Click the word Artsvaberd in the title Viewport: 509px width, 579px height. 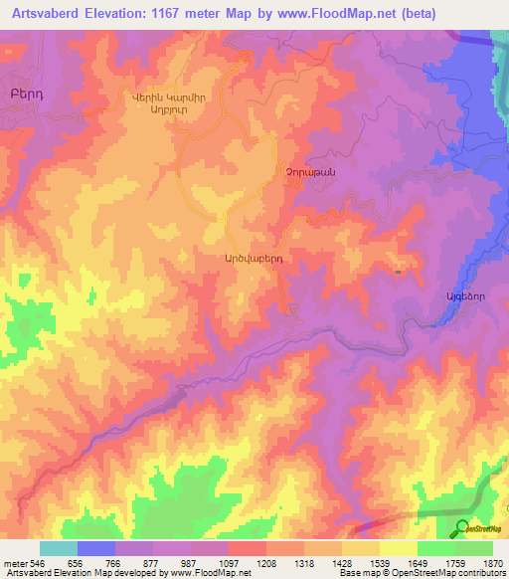pyautogui.click(x=47, y=13)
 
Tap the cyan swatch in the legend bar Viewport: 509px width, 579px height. pyautogui.click(x=59, y=548)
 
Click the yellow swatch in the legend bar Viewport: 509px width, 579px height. pyautogui.click(x=399, y=548)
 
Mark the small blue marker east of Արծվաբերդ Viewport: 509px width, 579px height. pyautogui.click(x=398, y=270)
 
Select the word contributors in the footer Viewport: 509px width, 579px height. pyautogui.click(x=481, y=574)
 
